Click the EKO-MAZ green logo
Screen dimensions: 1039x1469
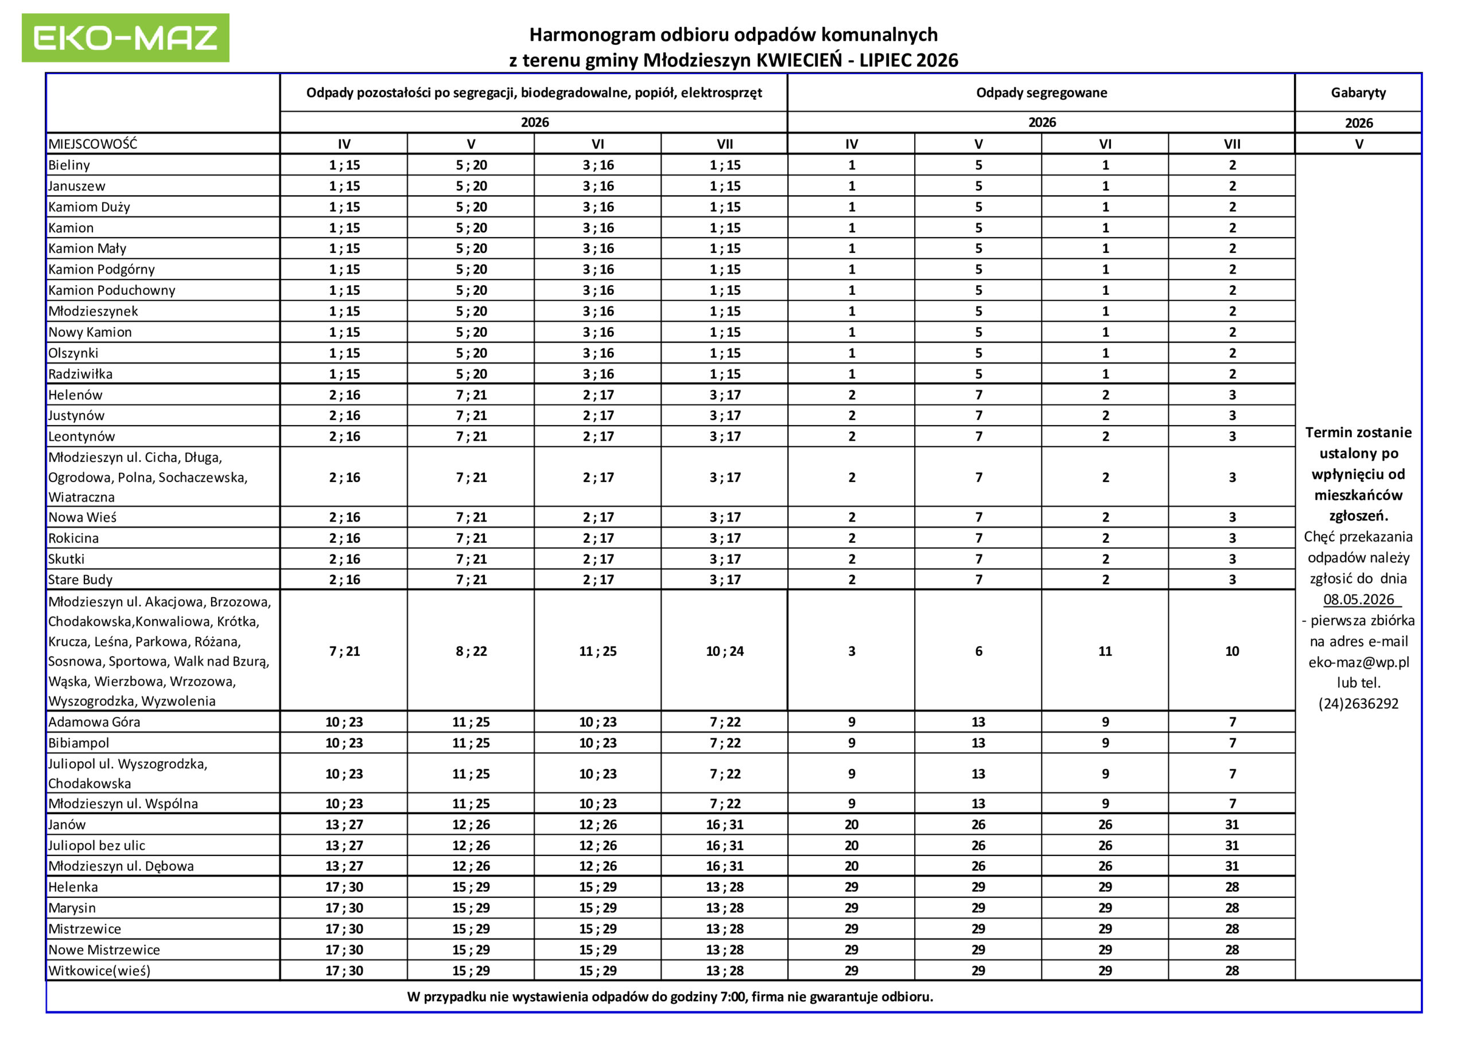point(126,38)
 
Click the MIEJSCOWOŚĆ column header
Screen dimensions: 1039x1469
point(93,144)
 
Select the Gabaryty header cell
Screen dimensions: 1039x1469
point(1358,93)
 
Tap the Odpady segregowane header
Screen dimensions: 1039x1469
point(1041,93)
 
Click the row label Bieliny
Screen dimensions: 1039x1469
point(69,165)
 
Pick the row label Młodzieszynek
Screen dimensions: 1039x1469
point(94,312)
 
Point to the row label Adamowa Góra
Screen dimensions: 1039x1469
point(94,722)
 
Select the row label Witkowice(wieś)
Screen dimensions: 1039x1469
point(99,971)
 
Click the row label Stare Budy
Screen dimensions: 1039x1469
point(80,579)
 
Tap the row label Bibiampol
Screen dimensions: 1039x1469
point(79,744)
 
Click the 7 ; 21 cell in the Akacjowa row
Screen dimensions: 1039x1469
point(344,651)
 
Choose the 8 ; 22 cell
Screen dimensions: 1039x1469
point(471,651)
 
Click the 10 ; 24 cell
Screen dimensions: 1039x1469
point(724,651)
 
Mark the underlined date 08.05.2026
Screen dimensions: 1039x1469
point(1358,600)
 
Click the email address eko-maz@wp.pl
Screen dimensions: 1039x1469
point(1358,662)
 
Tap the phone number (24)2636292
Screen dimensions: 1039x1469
point(1358,704)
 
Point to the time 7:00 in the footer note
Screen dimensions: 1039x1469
point(733,997)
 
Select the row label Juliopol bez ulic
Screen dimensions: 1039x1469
point(96,846)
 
